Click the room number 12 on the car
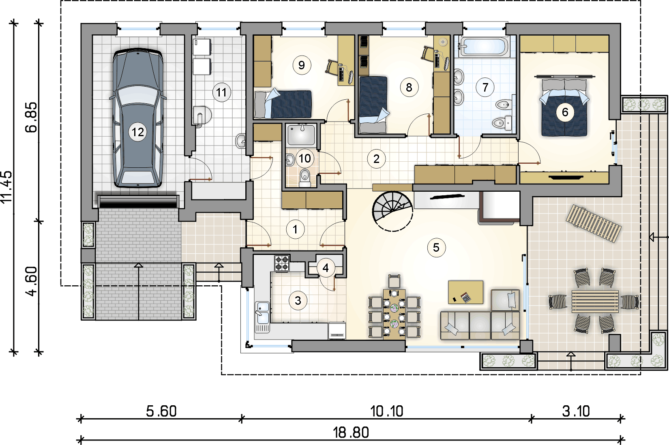(x=138, y=132)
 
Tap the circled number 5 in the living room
(x=436, y=247)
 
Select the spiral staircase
(x=392, y=211)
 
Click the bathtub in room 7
(x=484, y=47)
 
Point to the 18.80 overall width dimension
(x=351, y=432)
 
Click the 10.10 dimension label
(x=387, y=411)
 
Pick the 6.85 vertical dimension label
(x=31, y=117)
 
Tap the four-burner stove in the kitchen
(x=282, y=263)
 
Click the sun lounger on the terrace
(x=594, y=224)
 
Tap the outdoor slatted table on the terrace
(x=595, y=302)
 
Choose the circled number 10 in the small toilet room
(x=304, y=158)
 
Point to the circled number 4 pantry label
(x=326, y=268)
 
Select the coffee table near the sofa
(x=465, y=292)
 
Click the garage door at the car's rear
(x=138, y=201)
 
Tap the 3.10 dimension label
(x=576, y=411)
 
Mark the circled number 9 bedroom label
(x=302, y=65)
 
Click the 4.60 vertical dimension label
(x=31, y=281)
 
